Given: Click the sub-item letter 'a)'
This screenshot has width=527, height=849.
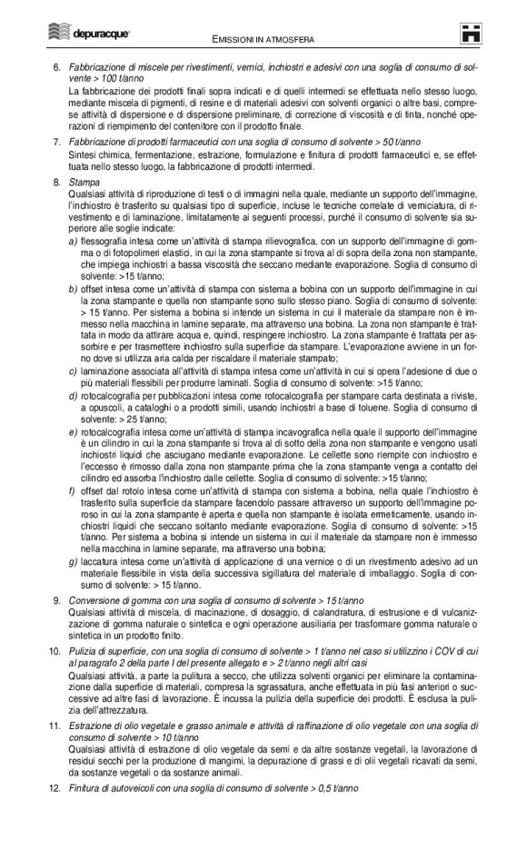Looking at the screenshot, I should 73,242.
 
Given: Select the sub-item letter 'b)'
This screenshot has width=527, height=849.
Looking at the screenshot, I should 73,288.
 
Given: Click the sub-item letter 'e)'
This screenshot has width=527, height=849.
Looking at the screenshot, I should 73,431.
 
